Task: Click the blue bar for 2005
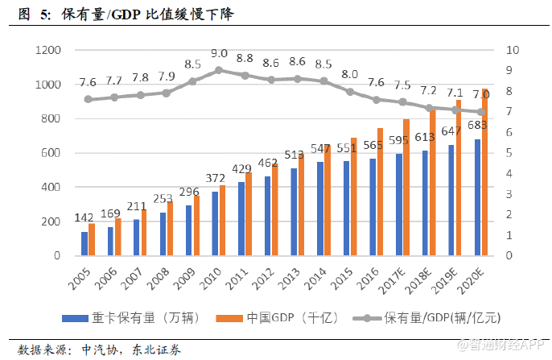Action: point(84,243)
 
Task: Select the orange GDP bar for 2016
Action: point(381,192)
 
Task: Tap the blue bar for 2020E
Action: point(478,197)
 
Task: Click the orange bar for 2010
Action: point(223,220)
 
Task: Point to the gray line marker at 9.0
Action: point(219,70)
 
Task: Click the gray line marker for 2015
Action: point(350,92)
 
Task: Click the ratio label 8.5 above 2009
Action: point(193,64)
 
